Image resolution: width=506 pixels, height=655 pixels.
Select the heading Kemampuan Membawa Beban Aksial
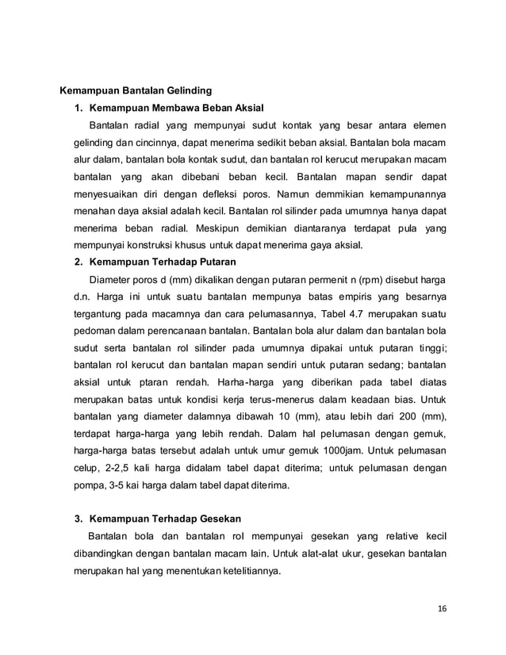pos(176,107)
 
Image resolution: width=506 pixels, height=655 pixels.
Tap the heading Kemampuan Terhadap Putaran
pos(163,262)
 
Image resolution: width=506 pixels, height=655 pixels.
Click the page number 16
pos(442,608)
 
